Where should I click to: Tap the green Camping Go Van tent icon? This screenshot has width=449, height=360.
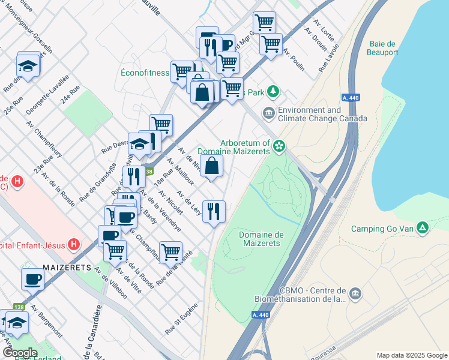[x=423, y=227]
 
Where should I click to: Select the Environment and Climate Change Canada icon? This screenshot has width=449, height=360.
[x=268, y=113]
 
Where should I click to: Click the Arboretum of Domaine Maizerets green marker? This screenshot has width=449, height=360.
[x=279, y=145]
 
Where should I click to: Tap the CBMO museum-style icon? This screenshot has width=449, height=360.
[x=355, y=293]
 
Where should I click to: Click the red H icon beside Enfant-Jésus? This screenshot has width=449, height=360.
[x=74, y=244]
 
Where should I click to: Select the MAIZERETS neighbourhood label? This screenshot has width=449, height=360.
[x=67, y=266]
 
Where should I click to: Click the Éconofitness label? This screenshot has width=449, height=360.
[x=145, y=73]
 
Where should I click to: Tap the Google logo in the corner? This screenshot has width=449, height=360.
[x=20, y=353]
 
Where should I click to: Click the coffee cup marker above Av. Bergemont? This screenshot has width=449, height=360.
[x=32, y=278]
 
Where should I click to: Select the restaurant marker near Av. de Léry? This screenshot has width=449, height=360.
[x=214, y=211]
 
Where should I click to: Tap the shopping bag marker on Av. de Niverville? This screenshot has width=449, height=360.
[x=212, y=166]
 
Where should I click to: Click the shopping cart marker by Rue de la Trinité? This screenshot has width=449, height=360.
[x=170, y=251]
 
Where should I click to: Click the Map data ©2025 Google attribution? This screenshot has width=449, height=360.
[x=411, y=355]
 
